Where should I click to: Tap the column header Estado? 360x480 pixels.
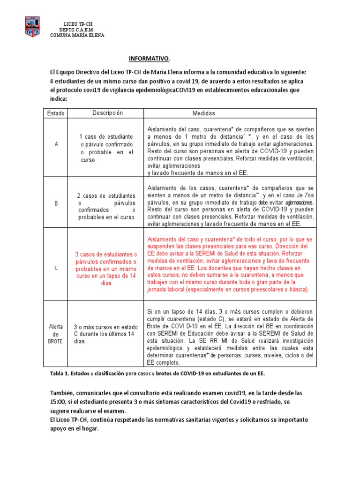click(x=56, y=113)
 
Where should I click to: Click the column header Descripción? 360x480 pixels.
click(x=107, y=113)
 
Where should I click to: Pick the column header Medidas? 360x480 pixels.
click(x=204, y=113)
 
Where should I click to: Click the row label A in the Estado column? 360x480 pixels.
click(x=56, y=144)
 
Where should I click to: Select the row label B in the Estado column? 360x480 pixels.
click(x=56, y=203)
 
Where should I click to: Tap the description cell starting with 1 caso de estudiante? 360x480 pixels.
click(x=107, y=148)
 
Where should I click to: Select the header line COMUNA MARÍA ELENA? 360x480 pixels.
click(x=77, y=36)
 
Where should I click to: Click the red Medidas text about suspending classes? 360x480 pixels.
click(x=230, y=264)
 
